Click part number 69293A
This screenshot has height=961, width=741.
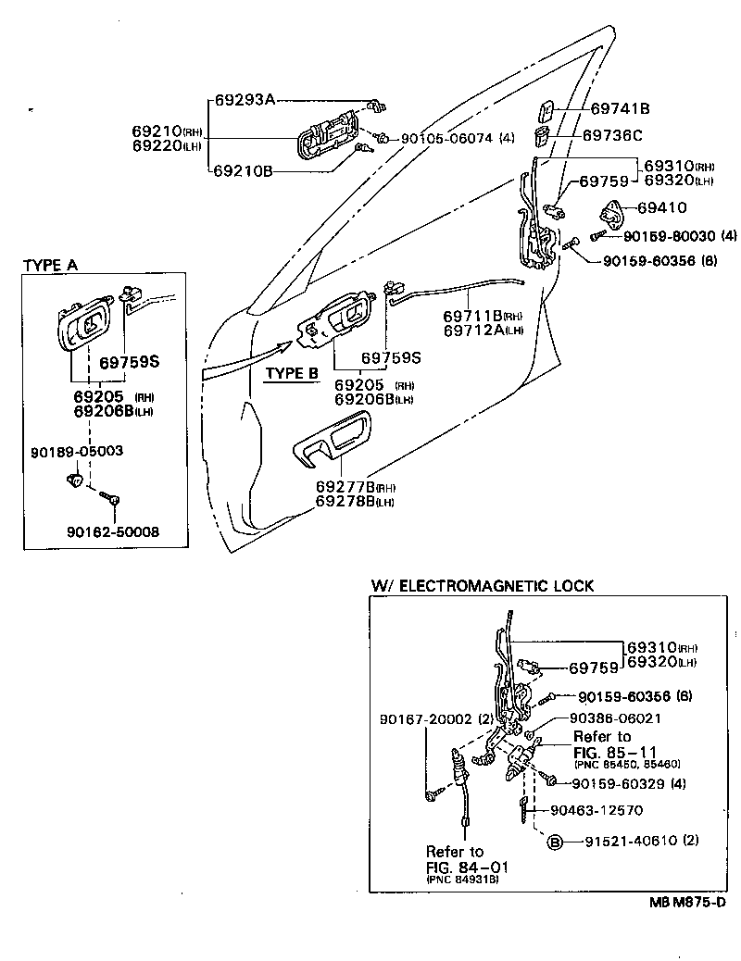[245, 100]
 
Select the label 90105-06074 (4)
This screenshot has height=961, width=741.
[457, 139]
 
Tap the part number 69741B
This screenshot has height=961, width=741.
[620, 108]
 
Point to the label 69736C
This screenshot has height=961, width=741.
[612, 135]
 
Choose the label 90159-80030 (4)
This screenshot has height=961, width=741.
[667, 236]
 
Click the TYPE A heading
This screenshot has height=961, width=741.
[50, 265]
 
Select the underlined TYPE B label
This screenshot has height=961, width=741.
[292, 373]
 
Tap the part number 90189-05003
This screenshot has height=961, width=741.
[77, 451]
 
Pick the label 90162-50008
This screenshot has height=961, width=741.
[112, 531]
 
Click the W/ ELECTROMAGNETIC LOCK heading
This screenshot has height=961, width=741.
[482, 586]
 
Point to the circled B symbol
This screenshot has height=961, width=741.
[555, 842]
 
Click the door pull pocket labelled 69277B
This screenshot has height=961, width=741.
[333, 441]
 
